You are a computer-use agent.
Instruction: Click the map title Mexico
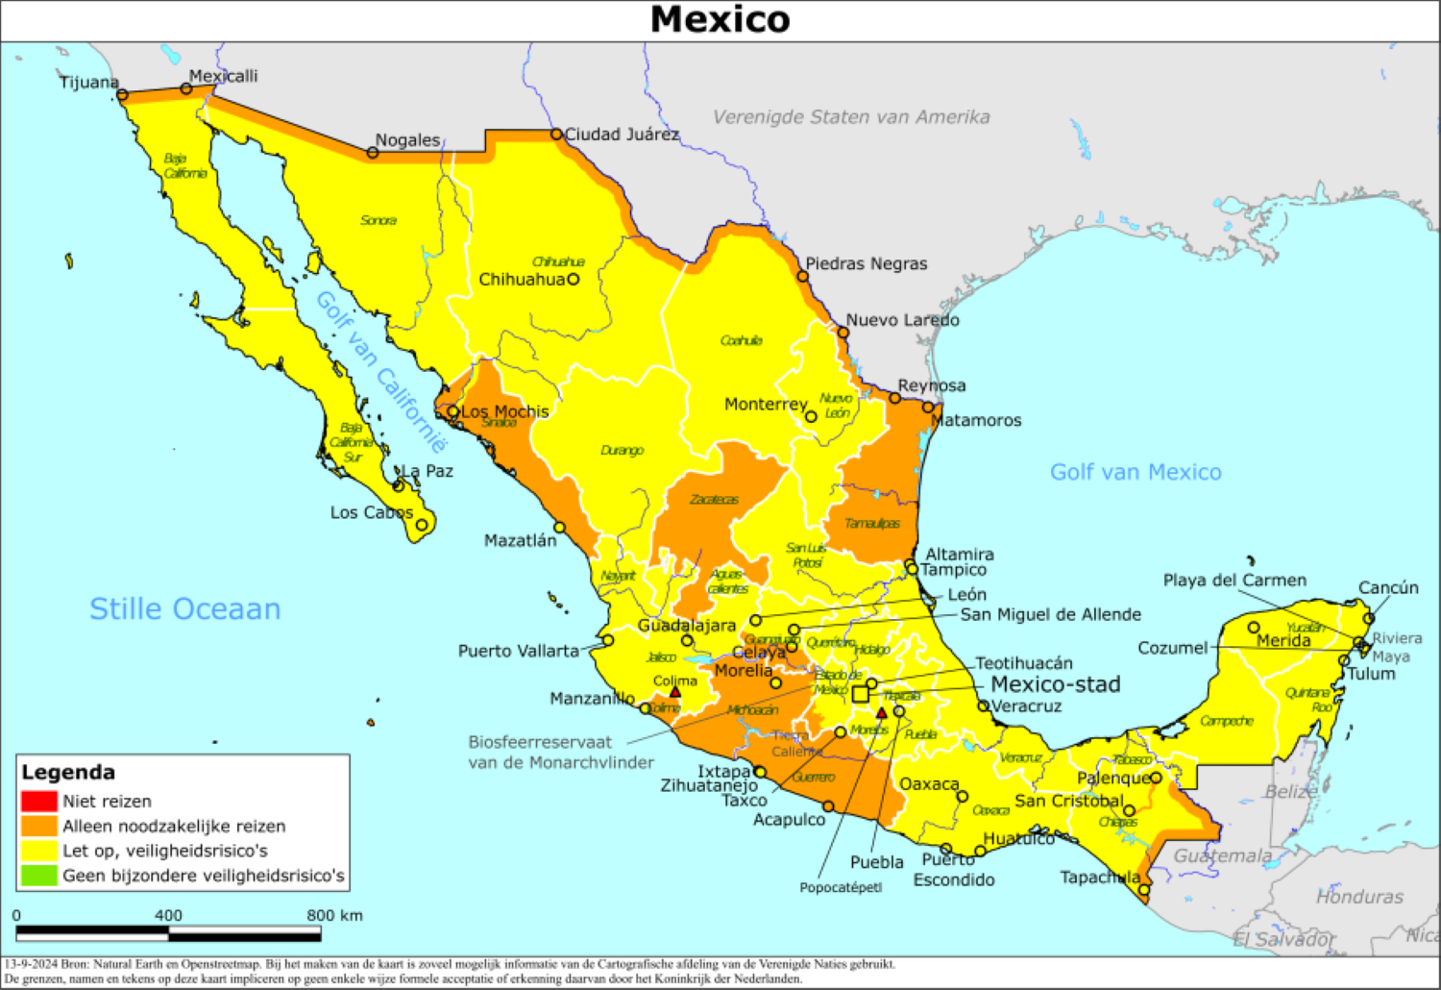[x=720, y=20]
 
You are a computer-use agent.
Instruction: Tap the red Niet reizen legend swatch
[x=39, y=801]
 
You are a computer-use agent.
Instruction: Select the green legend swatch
[x=39, y=876]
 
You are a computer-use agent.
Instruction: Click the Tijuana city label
[x=88, y=82]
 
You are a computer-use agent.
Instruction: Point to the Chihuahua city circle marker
[x=574, y=280]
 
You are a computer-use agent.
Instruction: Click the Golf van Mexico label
[x=1135, y=472]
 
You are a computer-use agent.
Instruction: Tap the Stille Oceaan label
[x=184, y=608]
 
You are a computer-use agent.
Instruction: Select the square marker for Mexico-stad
[x=860, y=693]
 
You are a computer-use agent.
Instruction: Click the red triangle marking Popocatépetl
[x=881, y=713]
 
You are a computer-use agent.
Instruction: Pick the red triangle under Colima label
[x=675, y=692]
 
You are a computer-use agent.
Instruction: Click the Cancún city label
[x=1387, y=587]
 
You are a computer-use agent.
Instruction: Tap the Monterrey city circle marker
[x=811, y=416]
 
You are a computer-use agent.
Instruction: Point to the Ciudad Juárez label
[x=622, y=135]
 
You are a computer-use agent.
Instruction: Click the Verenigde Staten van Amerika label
[x=850, y=117]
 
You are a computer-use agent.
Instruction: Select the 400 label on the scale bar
[x=168, y=916]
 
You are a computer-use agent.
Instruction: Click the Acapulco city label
[x=789, y=820]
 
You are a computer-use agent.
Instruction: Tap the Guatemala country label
[x=1222, y=855]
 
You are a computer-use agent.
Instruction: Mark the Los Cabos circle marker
[x=422, y=525]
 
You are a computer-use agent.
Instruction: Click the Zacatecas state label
[x=714, y=500]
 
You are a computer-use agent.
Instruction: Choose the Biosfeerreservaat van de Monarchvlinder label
[x=560, y=753]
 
